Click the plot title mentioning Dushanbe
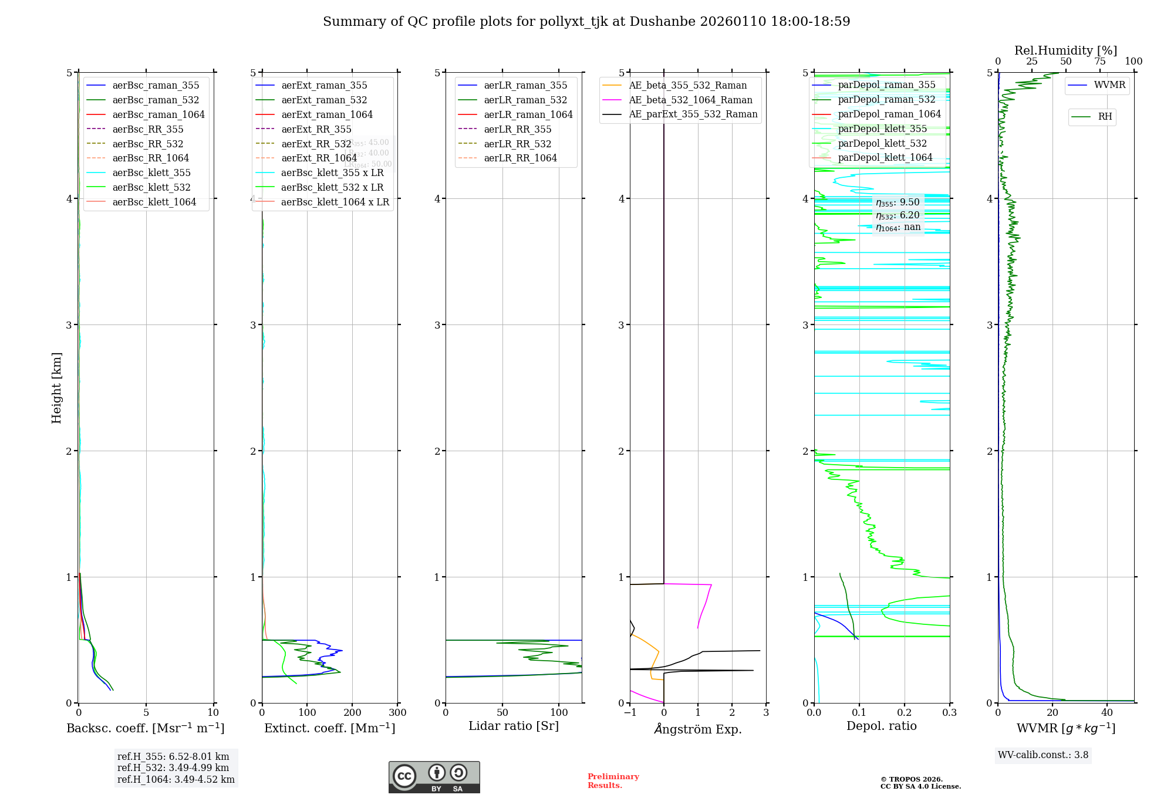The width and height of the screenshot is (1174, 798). click(586, 22)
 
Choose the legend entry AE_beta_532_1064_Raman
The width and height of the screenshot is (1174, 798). click(690, 100)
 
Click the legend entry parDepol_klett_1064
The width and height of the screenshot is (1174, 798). click(885, 157)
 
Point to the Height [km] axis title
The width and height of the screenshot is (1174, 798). click(56, 387)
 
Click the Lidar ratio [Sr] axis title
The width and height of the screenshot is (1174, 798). click(514, 726)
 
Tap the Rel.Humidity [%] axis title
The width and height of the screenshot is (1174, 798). click(1065, 50)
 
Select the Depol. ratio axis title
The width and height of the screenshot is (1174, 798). click(881, 726)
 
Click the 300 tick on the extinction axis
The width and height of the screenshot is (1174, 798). click(397, 712)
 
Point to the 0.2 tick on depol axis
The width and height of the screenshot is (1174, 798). click(905, 712)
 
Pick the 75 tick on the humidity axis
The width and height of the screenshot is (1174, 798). click(1099, 62)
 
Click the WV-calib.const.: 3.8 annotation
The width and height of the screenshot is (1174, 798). click(1043, 755)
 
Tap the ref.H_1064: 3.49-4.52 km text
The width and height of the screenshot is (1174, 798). click(176, 780)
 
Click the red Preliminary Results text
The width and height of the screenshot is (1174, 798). click(613, 781)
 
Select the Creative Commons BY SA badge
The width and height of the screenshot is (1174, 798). click(434, 777)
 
